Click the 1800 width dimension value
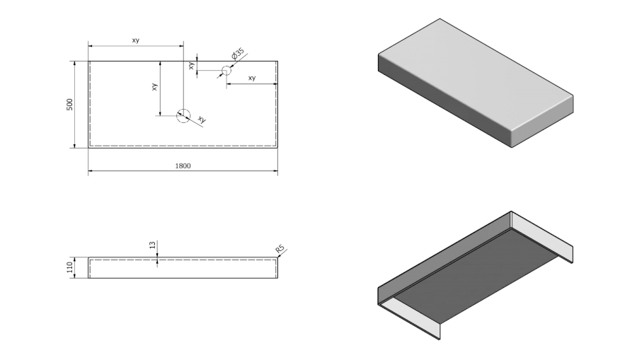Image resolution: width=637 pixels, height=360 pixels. (183, 166)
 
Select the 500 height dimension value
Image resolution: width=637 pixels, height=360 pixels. (69, 104)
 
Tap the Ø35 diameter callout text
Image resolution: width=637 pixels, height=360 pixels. (238, 54)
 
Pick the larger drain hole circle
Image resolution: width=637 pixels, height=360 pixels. (183, 115)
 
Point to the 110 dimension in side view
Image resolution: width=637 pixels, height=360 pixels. (69, 268)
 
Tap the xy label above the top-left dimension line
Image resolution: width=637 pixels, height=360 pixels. (135, 40)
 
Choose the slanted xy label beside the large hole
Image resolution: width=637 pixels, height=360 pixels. (202, 120)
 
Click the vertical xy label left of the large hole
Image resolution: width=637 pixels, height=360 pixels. (154, 88)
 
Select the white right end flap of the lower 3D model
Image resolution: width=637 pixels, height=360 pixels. (541, 237)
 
